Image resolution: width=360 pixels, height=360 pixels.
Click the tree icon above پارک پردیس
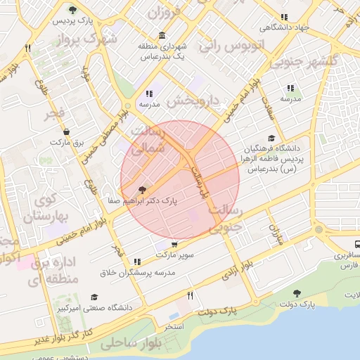pyautogui.click(x=73, y=10)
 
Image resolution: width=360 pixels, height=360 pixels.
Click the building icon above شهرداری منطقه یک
pyautogui.click(x=162, y=36)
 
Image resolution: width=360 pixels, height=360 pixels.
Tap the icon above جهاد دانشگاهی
pyautogui.click(x=284, y=18)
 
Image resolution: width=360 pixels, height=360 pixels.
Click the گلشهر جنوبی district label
pyautogui.click(x=328, y=61)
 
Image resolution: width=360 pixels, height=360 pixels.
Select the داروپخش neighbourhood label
pyautogui.click(x=193, y=101)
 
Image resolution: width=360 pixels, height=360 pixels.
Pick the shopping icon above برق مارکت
pyautogui.click(x=67, y=131)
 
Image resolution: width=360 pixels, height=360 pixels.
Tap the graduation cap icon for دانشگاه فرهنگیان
pyautogui.click(x=271, y=139)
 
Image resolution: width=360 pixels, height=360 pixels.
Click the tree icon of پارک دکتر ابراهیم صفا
pyautogui.click(x=143, y=190)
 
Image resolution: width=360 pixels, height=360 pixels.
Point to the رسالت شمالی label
pyautogui.click(x=149, y=140)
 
